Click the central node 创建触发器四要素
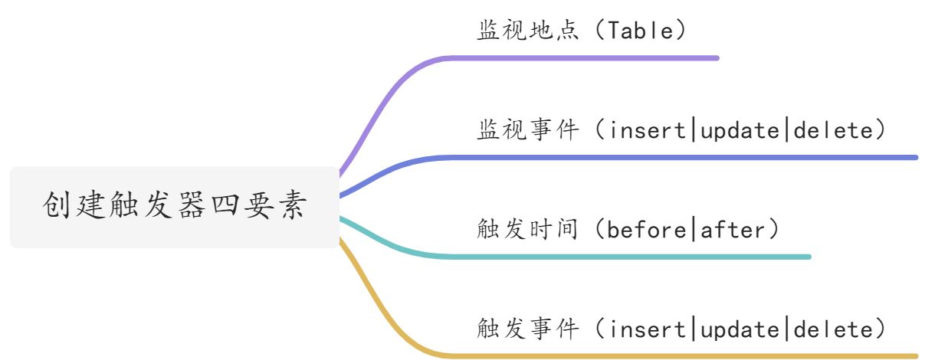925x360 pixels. [x=175, y=207]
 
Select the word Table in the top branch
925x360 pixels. [x=639, y=31]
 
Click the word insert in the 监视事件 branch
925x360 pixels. [x=649, y=130]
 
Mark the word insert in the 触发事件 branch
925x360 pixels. [x=649, y=329]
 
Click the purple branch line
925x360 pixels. [x=582, y=57]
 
